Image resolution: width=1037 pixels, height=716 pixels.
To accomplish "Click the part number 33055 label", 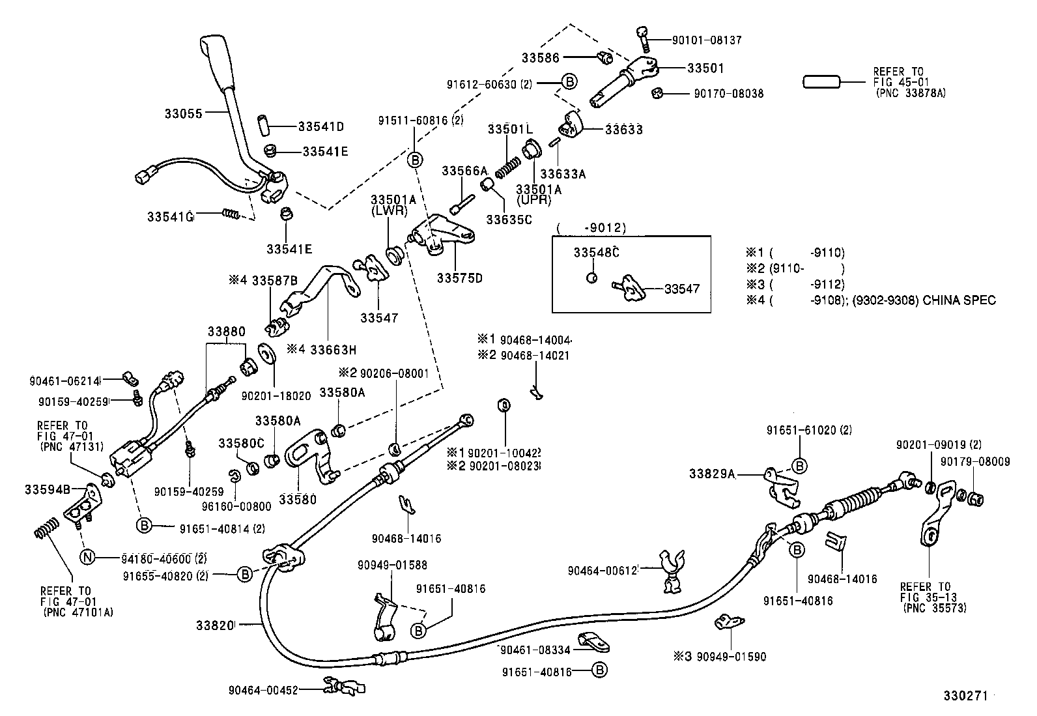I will [184, 113].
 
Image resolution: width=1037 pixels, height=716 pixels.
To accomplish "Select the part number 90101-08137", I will [706, 40].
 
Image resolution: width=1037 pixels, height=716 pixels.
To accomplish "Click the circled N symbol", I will [87, 557].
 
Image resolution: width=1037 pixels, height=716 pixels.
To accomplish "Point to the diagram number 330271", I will [966, 696].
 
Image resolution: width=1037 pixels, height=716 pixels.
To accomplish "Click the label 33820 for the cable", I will [214, 625].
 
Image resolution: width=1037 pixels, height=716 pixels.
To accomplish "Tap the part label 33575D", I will [459, 278].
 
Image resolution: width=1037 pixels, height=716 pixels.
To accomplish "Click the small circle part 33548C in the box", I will [591, 278].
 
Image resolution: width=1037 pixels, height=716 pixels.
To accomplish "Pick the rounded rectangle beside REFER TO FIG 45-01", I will [822, 82].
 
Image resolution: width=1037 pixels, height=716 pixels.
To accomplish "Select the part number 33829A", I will [712, 474].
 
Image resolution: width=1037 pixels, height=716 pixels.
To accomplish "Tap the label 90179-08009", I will [974, 461].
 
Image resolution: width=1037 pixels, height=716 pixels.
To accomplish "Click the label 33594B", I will [46, 488].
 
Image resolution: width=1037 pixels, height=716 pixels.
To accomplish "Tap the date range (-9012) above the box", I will [591, 227].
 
